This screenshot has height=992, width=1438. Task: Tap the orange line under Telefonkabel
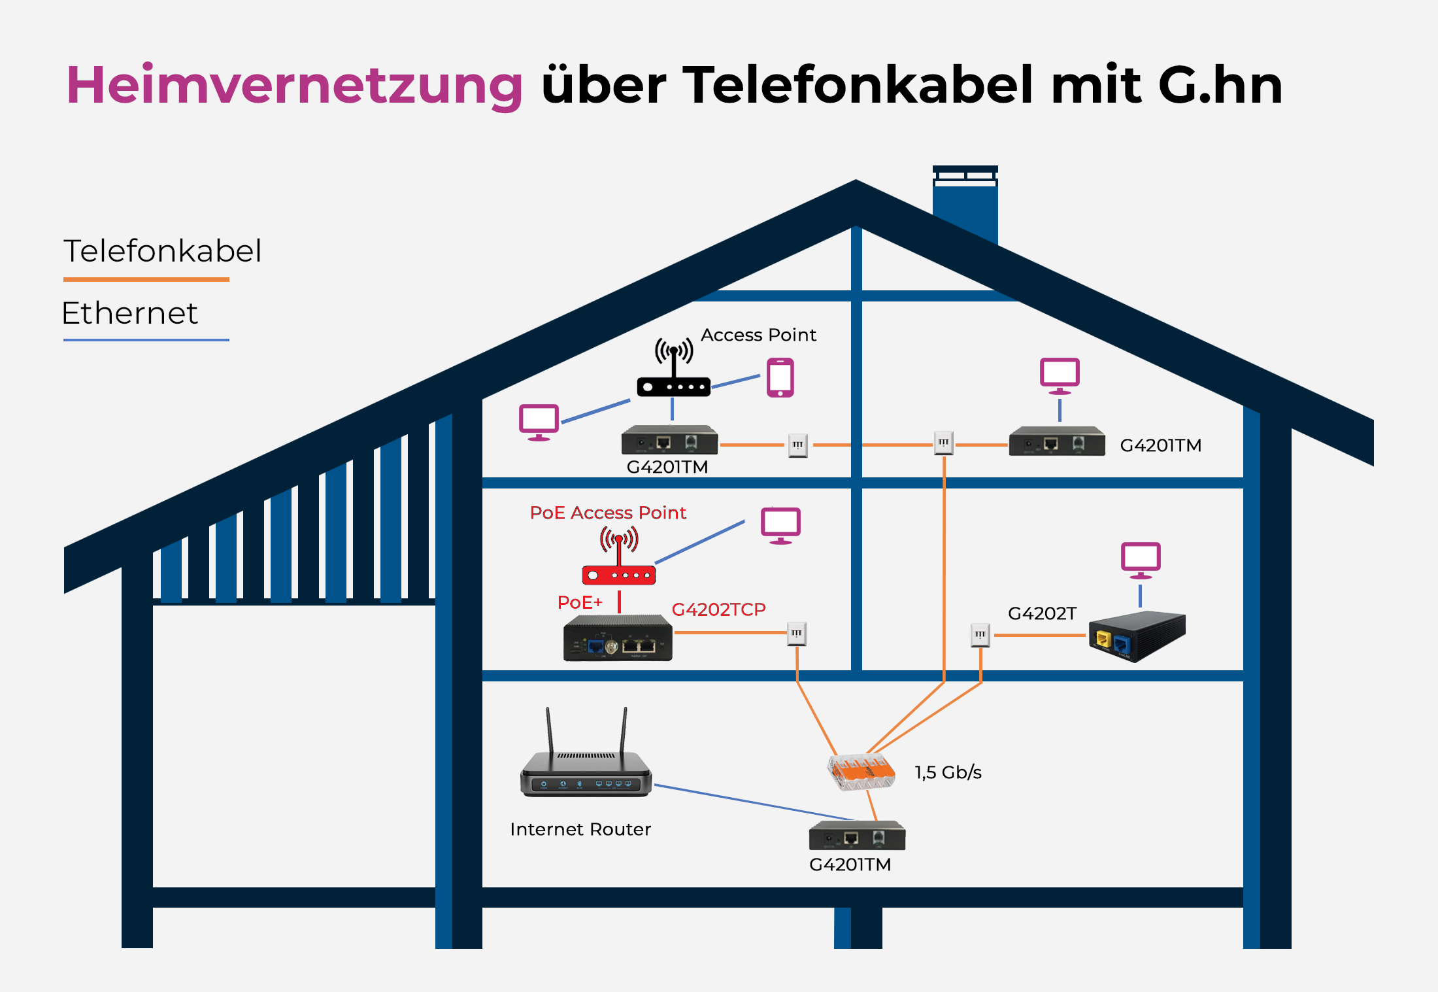[146, 280]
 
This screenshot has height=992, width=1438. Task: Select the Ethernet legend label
[129, 313]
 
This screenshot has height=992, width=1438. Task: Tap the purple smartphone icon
[780, 377]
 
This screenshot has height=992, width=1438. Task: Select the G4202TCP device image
[618, 639]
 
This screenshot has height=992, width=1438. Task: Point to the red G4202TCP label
[718, 609]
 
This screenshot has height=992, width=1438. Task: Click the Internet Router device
[586, 765]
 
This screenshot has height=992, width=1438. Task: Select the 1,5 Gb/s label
[948, 772]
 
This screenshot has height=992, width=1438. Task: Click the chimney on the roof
[965, 203]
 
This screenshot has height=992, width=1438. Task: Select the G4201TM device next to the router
[857, 836]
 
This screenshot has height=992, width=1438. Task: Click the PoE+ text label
[580, 602]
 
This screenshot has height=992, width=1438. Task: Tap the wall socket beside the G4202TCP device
[796, 634]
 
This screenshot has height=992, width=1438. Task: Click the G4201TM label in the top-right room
[1160, 445]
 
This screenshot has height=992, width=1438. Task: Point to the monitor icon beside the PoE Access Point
[780, 525]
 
